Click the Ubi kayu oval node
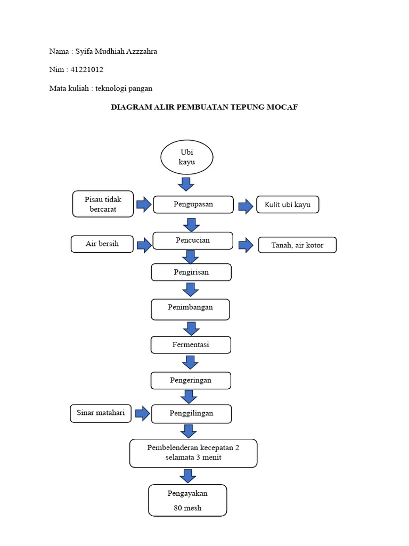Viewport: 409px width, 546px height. coord(187,157)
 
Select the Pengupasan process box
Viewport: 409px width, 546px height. coord(193,204)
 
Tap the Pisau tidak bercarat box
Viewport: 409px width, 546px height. coord(103,204)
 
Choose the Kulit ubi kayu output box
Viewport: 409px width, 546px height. coord(288,205)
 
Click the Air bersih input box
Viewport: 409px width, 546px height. coord(102,244)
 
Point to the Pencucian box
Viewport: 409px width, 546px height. coord(193,240)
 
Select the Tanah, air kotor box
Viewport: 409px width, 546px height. coord(297,245)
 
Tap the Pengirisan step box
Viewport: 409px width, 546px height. coord(191,272)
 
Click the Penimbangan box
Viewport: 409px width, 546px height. coord(190,309)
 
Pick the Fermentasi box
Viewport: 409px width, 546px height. coord(191,345)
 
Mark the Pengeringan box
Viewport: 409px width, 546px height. coord(191,381)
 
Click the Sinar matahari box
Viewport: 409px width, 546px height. coord(101,413)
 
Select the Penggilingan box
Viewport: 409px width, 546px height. coord(191,413)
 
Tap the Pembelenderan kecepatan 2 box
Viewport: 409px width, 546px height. coord(193,453)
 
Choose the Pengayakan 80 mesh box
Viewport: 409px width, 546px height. coord(187,501)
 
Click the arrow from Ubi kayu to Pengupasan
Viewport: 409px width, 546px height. coord(186,184)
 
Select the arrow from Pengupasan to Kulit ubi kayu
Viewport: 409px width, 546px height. coord(246,206)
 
